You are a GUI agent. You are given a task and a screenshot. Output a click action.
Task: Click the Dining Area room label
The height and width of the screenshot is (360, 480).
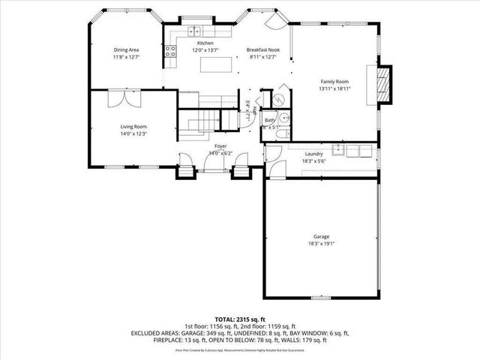[126, 49]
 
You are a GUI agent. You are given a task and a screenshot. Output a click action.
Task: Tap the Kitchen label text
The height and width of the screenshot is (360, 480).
[205, 44]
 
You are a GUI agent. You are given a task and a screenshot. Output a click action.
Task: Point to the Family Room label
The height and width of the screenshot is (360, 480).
[335, 81]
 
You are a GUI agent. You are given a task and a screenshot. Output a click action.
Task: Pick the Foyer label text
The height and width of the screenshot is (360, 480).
[220, 145]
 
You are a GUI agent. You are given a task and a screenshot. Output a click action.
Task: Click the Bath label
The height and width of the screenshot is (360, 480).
[269, 120]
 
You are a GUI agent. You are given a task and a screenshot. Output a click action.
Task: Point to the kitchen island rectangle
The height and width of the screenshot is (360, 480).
[213, 65]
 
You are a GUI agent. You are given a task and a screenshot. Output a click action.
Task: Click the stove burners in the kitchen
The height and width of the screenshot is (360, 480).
[170, 52]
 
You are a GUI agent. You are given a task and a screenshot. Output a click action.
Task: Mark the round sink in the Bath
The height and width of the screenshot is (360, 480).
[279, 101]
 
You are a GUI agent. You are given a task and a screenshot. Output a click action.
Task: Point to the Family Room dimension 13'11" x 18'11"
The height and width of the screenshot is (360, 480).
[335, 88]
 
